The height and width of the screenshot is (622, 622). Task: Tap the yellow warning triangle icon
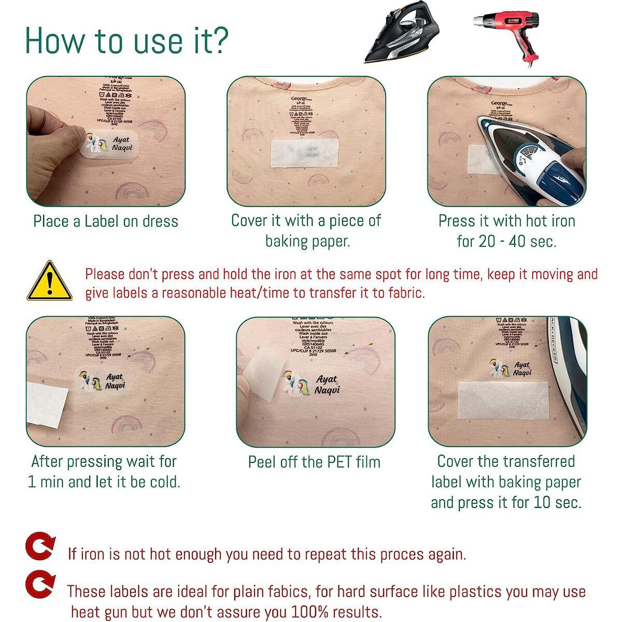49,281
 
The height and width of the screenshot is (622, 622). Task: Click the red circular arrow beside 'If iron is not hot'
41,548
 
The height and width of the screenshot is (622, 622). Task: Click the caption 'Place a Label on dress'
106,221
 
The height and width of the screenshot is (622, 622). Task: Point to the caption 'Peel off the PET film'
314,462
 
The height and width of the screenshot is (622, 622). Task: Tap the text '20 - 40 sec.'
506,242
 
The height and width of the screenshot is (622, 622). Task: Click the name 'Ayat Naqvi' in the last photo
521,369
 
